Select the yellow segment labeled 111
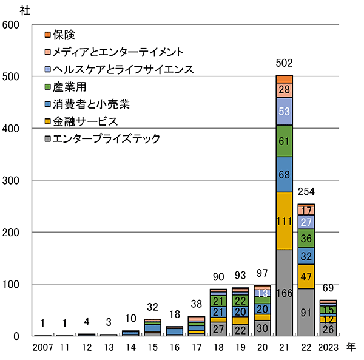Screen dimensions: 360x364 point(284,221)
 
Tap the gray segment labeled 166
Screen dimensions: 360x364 point(284,293)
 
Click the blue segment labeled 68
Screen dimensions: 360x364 point(284,174)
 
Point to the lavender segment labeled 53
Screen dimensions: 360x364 point(284,111)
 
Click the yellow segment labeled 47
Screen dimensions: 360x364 point(306,276)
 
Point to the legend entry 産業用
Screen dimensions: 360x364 point(70,87)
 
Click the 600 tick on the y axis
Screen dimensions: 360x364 point(12,25)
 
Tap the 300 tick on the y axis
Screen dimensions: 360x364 point(12,180)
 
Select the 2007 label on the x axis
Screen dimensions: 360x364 point(44,347)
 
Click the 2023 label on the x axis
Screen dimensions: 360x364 point(328,347)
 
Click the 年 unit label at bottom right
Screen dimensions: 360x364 point(351,347)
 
